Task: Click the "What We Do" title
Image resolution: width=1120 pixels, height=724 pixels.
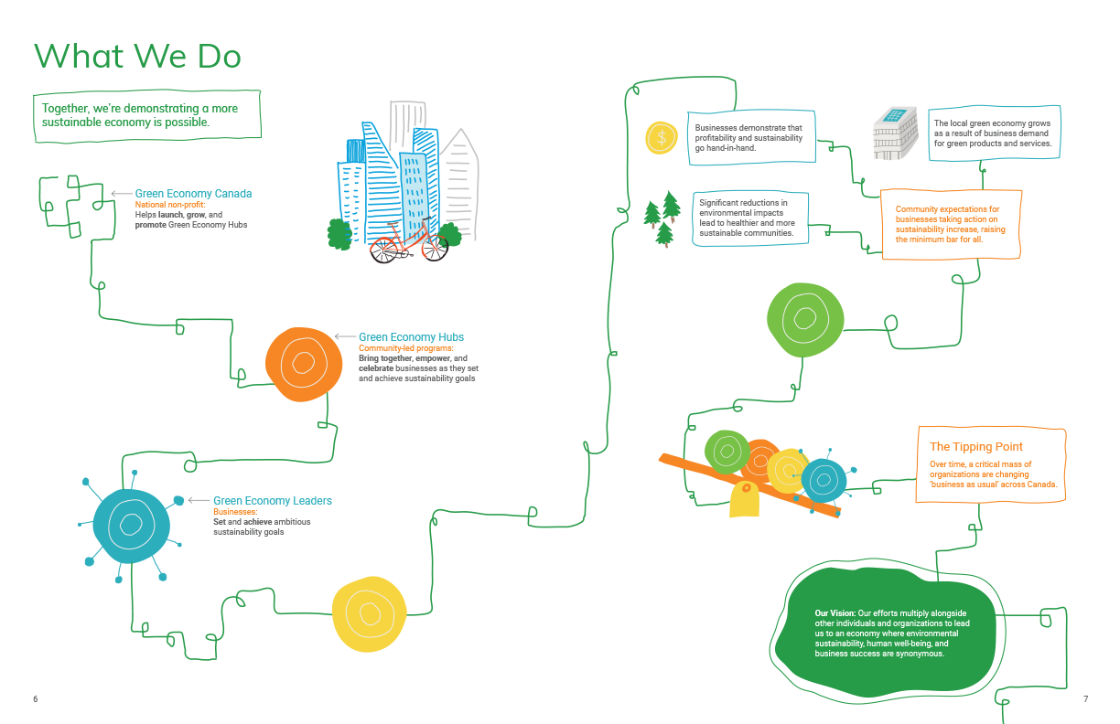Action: [x=137, y=58]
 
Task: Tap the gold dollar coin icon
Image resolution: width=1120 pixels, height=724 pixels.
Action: [x=661, y=137]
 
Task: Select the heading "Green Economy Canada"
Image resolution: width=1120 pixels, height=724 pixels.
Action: [x=193, y=194]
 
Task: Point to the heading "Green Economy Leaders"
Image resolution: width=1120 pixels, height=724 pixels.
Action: [x=273, y=501]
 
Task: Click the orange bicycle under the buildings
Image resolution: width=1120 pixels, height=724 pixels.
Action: [x=408, y=242]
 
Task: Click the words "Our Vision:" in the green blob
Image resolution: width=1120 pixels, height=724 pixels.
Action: [x=835, y=612]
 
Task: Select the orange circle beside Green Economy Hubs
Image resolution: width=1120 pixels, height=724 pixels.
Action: [x=303, y=363]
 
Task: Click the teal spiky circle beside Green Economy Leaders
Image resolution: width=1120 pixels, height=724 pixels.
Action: [x=131, y=526]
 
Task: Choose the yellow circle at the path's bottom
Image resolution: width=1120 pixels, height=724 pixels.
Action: [x=368, y=615]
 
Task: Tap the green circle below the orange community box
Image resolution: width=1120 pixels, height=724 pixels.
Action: [x=804, y=319]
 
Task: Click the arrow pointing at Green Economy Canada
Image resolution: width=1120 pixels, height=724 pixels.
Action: [x=120, y=194]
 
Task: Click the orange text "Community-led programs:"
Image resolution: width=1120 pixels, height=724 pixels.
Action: [x=405, y=348]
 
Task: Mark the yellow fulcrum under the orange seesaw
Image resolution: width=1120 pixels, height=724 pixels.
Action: [x=744, y=500]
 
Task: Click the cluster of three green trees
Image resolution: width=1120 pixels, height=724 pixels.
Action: [x=662, y=218]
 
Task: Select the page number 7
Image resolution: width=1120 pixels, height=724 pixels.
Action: [x=1085, y=699]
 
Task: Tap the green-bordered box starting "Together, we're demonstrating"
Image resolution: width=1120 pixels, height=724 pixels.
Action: [x=147, y=115]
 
